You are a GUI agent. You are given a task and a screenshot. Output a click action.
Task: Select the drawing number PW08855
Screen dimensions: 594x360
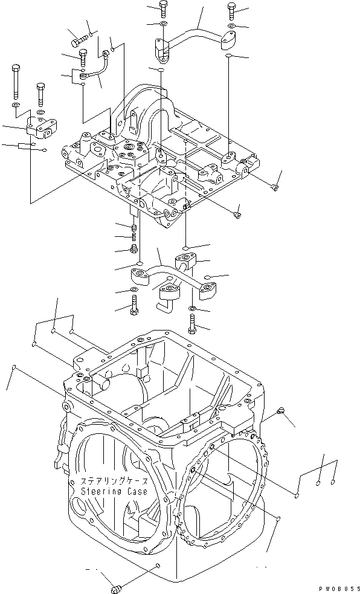point(339,588)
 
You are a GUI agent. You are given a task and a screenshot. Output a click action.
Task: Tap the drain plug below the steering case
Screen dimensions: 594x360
point(117,587)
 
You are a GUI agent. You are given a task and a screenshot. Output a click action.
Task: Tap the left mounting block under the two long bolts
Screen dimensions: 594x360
point(41,128)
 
